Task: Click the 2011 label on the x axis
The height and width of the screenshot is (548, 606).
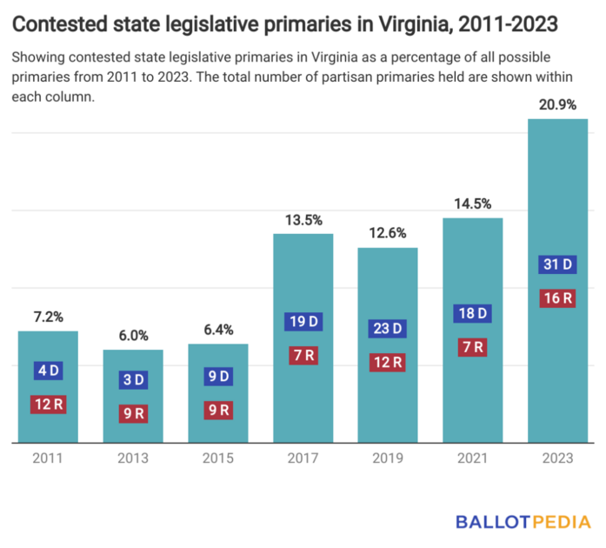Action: [48, 458]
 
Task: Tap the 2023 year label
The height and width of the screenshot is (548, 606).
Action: [557, 458]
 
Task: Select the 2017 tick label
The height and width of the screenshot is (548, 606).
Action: [303, 458]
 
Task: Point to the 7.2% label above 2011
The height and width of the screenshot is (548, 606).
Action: [48, 317]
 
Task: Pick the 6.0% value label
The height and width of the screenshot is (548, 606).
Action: [133, 336]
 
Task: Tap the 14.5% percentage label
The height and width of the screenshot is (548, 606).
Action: [473, 204]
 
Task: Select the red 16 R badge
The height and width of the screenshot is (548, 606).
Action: [557, 298]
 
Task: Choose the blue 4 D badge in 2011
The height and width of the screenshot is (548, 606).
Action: [48, 371]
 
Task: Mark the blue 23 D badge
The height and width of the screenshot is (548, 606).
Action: [388, 329]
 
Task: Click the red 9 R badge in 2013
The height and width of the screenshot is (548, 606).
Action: [133, 414]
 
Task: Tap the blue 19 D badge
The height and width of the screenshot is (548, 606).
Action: [303, 322]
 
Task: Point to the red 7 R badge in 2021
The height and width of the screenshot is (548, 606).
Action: [473, 347]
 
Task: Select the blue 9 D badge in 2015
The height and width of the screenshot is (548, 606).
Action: [218, 377]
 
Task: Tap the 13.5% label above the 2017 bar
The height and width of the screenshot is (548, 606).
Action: [303, 219]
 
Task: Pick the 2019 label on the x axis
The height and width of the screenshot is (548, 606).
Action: [388, 458]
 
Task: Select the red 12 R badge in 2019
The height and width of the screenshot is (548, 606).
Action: [388, 362]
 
